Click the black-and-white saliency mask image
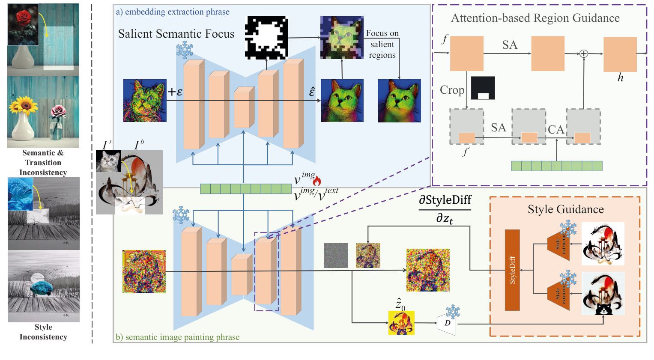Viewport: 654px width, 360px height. (266, 38)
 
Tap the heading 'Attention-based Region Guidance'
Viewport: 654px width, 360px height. (535, 18)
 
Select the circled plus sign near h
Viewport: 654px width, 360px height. (583, 54)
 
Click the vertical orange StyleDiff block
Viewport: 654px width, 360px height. (512, 270)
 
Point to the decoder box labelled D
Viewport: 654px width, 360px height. (447, 323)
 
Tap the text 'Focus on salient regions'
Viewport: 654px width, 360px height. (382, 44)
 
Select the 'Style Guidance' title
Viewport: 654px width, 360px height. (565, 209)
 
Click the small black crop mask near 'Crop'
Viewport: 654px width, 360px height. (483, 88)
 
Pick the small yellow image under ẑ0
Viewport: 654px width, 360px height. (401, 323)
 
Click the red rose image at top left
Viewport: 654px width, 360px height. (23, 24)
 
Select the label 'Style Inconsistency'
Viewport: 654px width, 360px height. (43, 332)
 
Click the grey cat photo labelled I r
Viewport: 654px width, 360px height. (108, 161)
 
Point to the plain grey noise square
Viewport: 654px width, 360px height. (336, 256)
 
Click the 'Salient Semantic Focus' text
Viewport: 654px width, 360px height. (176, 34)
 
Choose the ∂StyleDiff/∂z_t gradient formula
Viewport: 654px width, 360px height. (445, 209)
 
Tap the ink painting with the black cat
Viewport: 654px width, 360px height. (603, 294)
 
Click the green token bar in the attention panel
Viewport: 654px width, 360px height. (556, 166)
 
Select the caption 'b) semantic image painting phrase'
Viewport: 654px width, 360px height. (177, 337)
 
